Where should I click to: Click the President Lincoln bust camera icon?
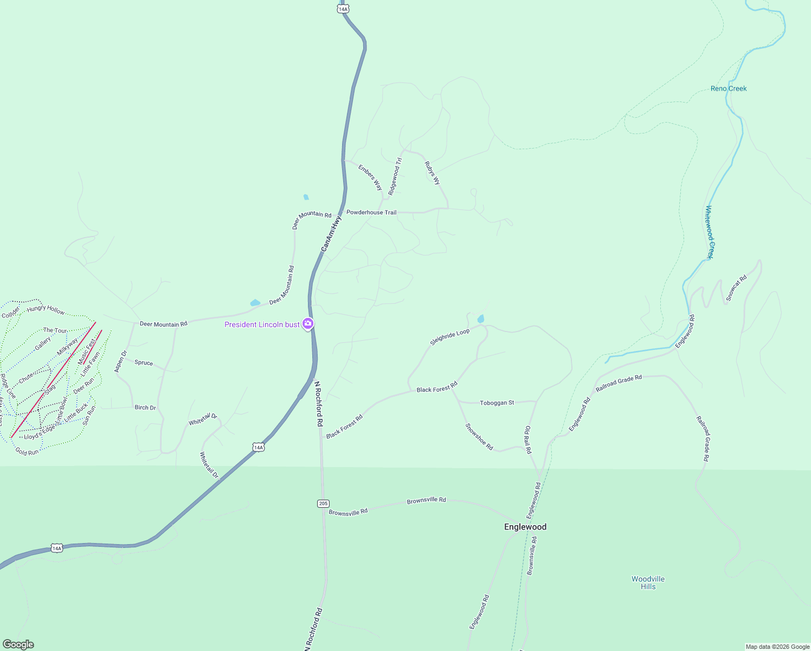point(308,324)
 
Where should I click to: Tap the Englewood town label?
point(525,527)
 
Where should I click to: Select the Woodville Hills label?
point(648,583)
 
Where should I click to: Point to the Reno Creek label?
point(728,88)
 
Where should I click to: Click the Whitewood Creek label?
point(710,232)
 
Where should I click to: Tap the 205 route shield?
point(323,503)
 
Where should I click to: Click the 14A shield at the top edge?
point(343,9)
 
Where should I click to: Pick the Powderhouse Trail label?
point(371,213)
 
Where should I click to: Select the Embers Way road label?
point(370,177)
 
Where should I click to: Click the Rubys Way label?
point(432,173)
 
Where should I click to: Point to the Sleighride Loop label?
point(449,337)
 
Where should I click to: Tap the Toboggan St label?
point(497,403)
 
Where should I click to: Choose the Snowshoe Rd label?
point(479,437)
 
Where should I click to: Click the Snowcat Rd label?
point(736,288)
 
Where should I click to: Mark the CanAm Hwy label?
point(331,233)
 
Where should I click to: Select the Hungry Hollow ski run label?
point(46,309)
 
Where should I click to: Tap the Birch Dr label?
point(145,407)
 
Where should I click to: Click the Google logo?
point(18,644)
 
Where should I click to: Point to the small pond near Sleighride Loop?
point(480,319)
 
